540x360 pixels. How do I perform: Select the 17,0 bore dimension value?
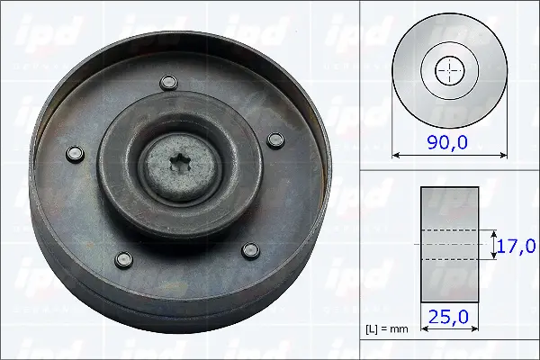518,244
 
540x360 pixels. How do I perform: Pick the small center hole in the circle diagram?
449,71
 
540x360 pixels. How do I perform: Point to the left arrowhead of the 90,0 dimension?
395,155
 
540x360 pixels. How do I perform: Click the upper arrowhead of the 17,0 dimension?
494,231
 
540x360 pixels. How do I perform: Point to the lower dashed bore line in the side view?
449,259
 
